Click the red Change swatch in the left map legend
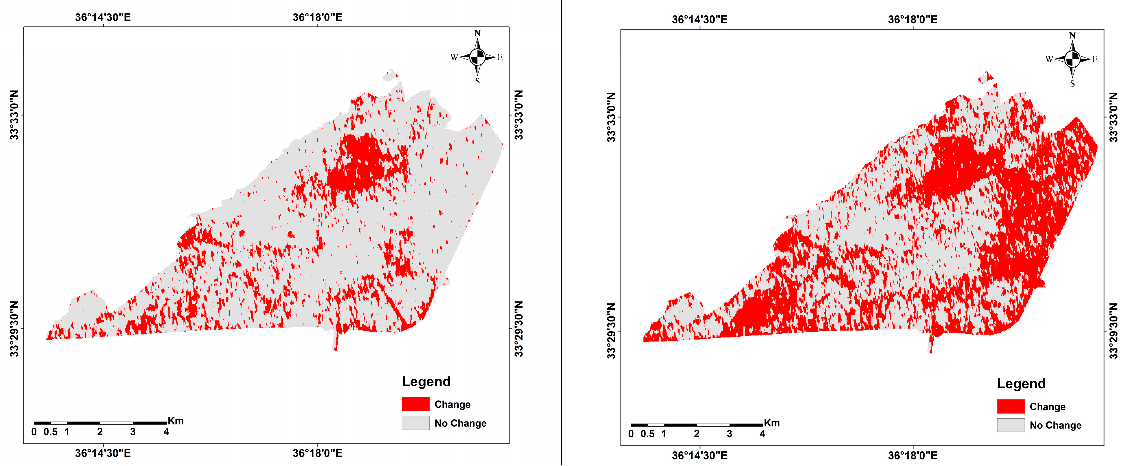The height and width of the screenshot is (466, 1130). pos(415,404)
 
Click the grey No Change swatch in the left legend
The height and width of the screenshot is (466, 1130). pos(415,423)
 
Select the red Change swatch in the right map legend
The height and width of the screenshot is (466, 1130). pos(1010,406)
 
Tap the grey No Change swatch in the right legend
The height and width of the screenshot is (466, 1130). pos(1010,425)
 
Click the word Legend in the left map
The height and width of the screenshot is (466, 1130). pos(426,381)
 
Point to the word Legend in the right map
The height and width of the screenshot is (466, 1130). pos(1021,384)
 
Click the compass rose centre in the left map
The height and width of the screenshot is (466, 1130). pos(477,57)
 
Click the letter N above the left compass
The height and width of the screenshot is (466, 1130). pos(477,33)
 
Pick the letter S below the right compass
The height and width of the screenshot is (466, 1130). pos(1072,83)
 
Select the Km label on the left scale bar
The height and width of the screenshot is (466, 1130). pos(175,421)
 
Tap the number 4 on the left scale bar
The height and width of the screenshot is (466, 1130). pos(166,432)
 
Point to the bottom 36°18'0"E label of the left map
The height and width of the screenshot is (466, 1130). pos(317,453)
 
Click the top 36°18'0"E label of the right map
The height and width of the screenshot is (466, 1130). pos(912,19)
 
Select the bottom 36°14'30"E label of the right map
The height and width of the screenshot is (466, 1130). pos(699,455)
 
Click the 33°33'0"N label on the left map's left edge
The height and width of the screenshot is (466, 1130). pos(14,115)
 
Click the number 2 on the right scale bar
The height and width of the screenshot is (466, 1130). pos(696,434)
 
